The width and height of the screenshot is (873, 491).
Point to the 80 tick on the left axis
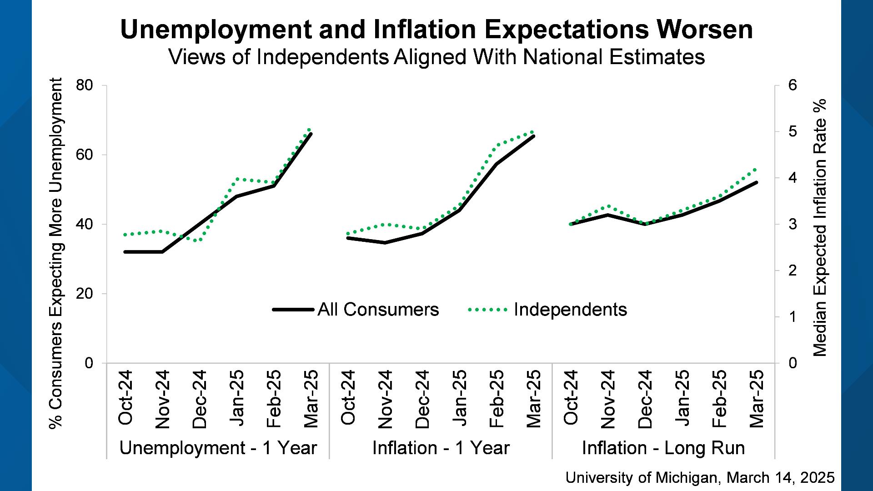[85, 85]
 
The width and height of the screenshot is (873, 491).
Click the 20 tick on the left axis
[85, 294]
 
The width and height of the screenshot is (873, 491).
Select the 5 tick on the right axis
[793, 132]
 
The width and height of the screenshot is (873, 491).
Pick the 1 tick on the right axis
[793, 317]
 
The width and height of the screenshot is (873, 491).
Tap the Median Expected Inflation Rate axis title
[819, 227]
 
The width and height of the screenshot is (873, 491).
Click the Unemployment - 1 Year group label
[218, 448]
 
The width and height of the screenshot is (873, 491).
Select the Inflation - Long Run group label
[663, 448]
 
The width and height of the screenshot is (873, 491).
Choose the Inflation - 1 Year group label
[441, 448]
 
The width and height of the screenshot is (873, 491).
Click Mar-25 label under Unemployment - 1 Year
[311, 399]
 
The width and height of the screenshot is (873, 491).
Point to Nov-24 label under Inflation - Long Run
[608, 399]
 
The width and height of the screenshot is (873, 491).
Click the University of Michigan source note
[700, 477]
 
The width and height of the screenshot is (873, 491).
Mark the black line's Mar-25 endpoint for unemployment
[311, 134]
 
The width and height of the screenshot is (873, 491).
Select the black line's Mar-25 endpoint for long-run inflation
[756, 182]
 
